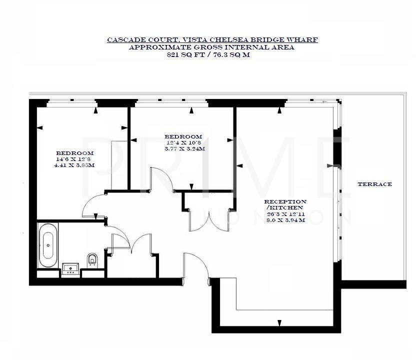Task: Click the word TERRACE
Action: pyautogui.click(x=374, y=184)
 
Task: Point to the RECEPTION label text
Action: pyautogui.click(x=285, y=201)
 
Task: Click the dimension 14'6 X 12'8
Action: pyautogui.click(x=74, y=159)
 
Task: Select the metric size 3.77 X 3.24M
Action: pyautogui.click(x=184, y=148)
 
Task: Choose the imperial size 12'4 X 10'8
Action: pyautogui.click(x=183, y=142)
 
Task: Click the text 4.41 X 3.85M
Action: pyautogui.click(x=74, y=165)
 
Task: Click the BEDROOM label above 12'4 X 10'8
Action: pyautogui.click(x=183, y=136)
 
